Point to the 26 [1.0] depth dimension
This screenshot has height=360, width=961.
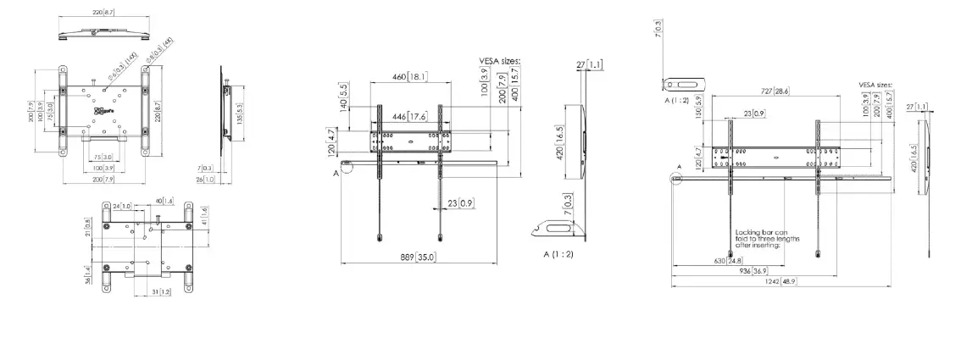205,180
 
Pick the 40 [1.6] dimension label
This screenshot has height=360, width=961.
164,201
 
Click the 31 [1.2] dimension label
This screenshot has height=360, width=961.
161,291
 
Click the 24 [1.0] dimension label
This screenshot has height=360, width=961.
124,205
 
